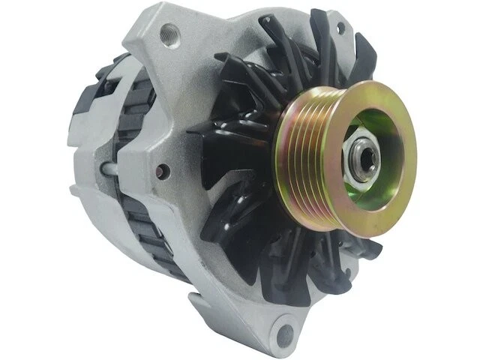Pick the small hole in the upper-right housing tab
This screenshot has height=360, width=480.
tap(341, 28)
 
